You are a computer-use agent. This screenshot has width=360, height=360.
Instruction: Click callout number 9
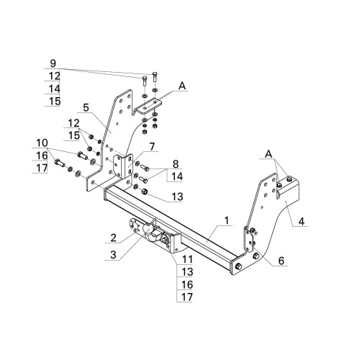tap(53, 63)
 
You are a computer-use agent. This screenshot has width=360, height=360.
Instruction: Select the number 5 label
tap(86, 108)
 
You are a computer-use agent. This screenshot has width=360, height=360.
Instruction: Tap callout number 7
tap(152, 147)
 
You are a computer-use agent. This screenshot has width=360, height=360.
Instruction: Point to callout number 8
tap(176, 164)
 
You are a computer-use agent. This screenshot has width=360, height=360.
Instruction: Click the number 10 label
tap(42, 143)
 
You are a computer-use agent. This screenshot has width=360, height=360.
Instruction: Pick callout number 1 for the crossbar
tap(227, 220)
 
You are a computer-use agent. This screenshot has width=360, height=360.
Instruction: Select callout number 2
tap(113, 238)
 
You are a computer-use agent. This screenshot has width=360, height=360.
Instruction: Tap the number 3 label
tap(113, 255)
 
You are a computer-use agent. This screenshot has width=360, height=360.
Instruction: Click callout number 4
tap(302, 221)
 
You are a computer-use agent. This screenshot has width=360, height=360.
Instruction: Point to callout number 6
tap(281, 261)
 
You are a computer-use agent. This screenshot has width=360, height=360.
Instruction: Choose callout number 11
tap(187, 259)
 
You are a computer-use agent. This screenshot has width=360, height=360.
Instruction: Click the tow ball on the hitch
tap(148, 228)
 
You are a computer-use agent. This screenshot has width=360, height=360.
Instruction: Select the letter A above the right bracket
tap(269, 154)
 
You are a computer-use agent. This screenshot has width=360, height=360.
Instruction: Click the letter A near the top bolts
tap(182, 86)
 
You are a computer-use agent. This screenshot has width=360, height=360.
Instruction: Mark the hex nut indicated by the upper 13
tap(144, 192)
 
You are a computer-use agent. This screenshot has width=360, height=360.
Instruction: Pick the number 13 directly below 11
tap(187, 272)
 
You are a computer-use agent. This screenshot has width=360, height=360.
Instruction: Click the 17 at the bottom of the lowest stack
tap(187, 297)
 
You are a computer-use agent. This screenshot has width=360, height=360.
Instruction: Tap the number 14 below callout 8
tap(177, 177)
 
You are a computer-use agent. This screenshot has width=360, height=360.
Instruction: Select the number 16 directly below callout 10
tap(42, 156)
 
